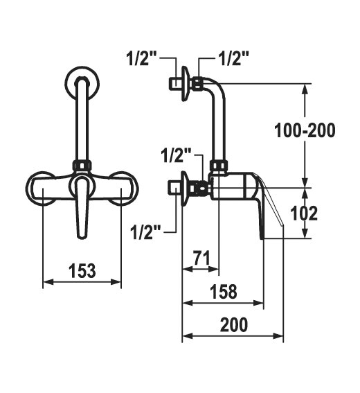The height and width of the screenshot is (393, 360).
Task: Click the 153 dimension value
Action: (x=82, y=271)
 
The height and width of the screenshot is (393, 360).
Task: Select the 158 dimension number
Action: (x=224, y=292)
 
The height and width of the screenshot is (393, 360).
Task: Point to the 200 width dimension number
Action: (x=234, y=324)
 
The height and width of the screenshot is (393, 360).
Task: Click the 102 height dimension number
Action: (x=304, y=213)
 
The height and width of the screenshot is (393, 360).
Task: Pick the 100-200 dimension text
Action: (x=305, y=130)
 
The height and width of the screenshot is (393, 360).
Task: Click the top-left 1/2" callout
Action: (x=141, y=58)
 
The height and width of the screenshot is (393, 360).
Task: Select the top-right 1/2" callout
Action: (x=233, y=58)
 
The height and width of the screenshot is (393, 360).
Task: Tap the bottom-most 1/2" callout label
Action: (x=145, y=232)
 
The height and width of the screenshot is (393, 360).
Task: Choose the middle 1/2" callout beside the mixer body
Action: (x=176, y=155)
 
